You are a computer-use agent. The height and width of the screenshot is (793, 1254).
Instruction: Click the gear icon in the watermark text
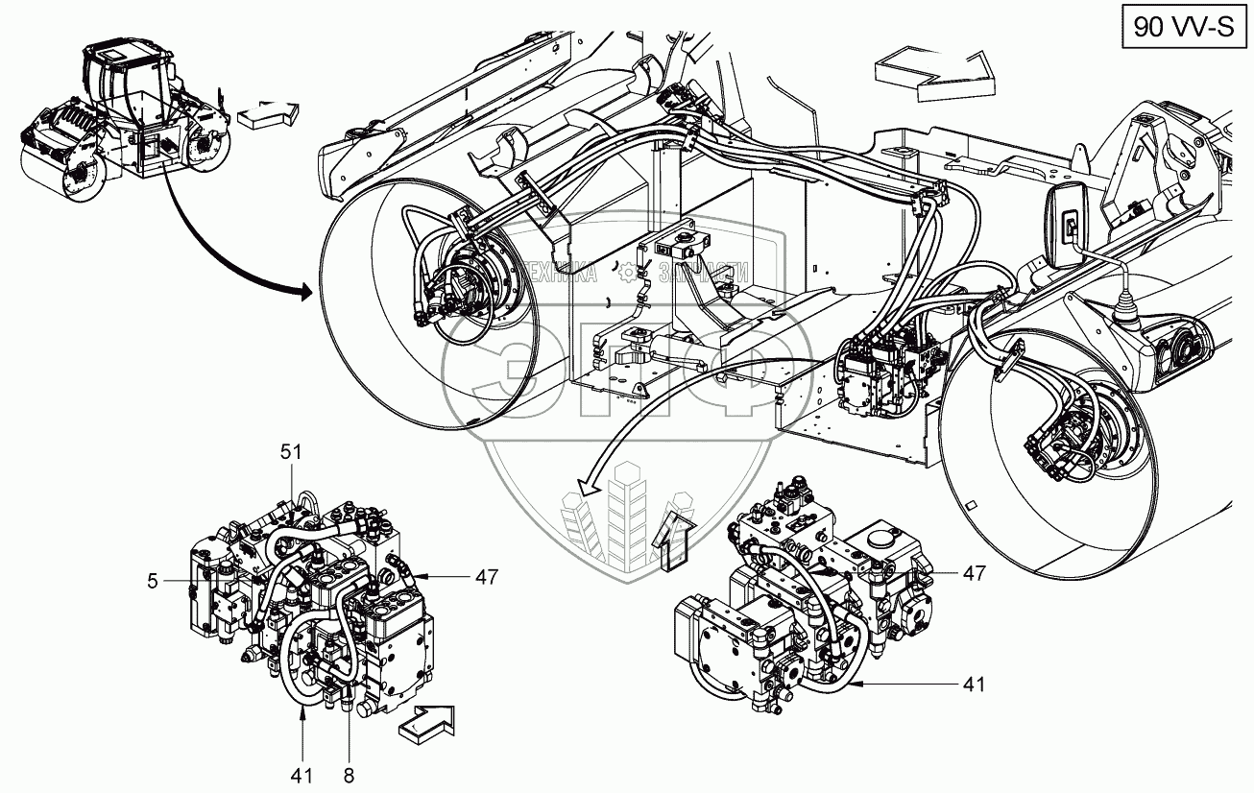630,274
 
